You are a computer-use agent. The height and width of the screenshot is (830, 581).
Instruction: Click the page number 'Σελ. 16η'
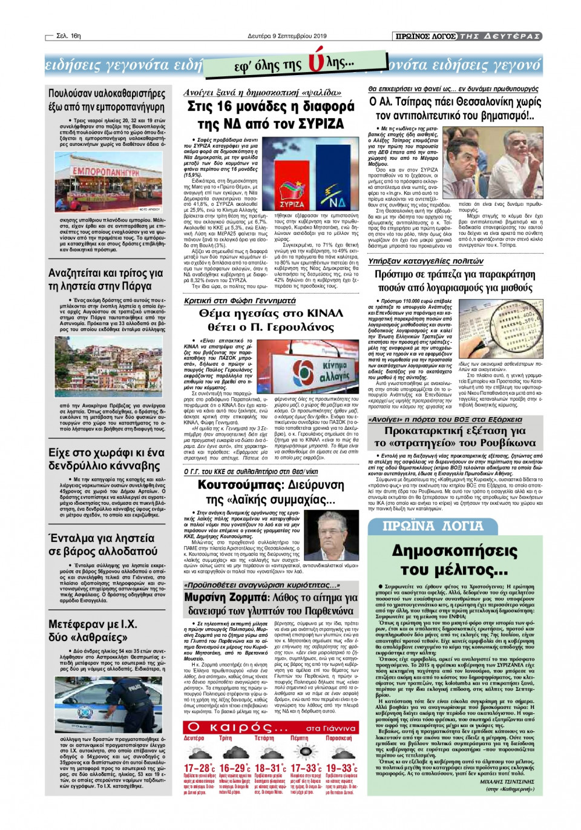click(x=68, y=36)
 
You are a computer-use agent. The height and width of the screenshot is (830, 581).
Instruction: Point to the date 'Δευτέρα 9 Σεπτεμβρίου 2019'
click(x=287, y=36)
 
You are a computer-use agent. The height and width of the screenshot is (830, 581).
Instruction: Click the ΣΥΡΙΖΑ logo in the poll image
click(x=292, y=196)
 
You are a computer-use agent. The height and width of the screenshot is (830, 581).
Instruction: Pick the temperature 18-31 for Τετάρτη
click(x=269, y=768)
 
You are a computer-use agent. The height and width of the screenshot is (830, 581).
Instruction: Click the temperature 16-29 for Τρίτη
click(x=234, y=768)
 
